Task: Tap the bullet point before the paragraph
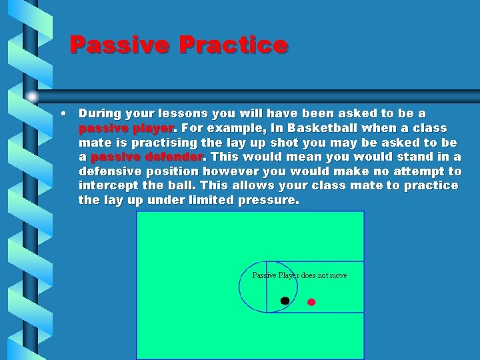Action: (x=62, y=113)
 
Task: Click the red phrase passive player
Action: (x=126, y=128)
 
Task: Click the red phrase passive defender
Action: (x=146, y=157)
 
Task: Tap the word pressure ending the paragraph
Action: (x=269, y=200)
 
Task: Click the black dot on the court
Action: (x=285, y=301)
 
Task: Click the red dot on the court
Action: (x=311, y=302)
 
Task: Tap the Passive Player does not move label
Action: (x=299, y=275)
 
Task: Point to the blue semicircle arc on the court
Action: (x=241, y=287)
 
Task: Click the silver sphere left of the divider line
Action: (x=32, y=97)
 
